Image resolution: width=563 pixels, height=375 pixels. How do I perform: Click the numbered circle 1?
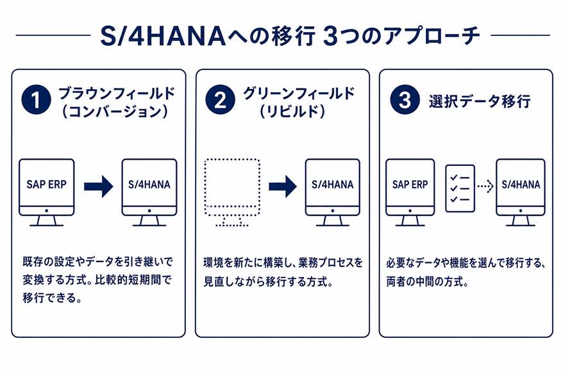click(36, 100)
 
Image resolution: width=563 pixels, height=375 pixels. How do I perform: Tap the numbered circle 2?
click(220, 100)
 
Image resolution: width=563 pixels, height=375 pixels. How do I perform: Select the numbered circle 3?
click(405, 100)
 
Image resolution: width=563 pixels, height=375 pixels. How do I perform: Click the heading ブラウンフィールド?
click(117, 94)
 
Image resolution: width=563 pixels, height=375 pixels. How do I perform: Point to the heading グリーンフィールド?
click(299, 94)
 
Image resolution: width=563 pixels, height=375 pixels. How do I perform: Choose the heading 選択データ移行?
click(480, 101)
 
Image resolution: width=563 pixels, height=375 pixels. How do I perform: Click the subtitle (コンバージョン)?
click(115, 112)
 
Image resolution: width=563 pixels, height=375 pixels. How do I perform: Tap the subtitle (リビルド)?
click(292, 112)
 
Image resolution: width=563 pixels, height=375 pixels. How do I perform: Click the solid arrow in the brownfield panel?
click(98, 187)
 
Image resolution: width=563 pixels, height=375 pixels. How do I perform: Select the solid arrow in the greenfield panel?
click(283, 187)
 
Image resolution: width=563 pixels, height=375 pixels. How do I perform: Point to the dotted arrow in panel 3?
click(485, 186)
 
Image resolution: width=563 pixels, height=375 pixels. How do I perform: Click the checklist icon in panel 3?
click(460, 188)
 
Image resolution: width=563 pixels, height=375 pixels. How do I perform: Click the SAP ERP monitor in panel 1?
click(47, 193)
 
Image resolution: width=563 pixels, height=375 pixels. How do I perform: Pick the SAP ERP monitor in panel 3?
click(410, 193)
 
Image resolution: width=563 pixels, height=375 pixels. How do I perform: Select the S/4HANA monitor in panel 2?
click(333, 193)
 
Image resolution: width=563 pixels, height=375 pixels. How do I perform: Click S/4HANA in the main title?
click(163, 37)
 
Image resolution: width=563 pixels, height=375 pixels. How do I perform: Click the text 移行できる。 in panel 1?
click(53, 298)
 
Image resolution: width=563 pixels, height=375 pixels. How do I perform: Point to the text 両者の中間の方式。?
click(428, 281)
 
